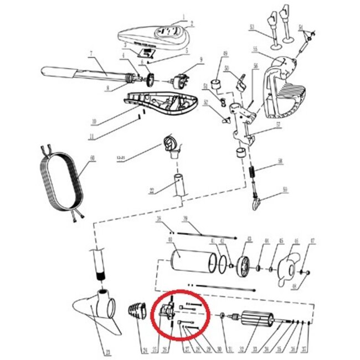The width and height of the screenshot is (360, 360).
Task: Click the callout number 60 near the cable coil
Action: click(x=92, y=158)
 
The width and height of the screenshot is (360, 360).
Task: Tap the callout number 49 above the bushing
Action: click(x=225, y=53)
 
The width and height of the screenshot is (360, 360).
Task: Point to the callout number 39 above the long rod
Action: click(x=186, y=219)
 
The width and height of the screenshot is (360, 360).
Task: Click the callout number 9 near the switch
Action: click(x=201, y=59)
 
